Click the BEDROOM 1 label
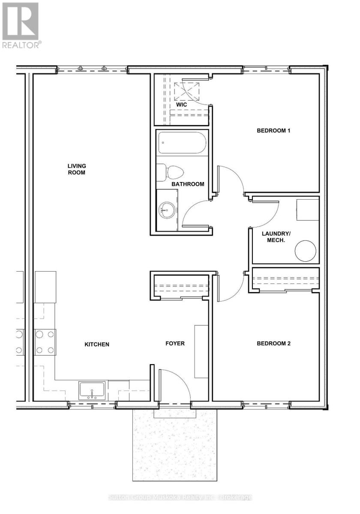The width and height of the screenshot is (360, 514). [273, 131]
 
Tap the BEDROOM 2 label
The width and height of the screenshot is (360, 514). [273, 344]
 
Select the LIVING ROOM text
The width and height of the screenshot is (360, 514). [77, 169]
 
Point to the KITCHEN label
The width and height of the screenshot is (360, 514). [97, 344]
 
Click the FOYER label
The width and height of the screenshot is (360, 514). [175, 344]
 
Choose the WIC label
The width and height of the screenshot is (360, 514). [181, 105]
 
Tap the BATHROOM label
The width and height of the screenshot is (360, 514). [188, 184]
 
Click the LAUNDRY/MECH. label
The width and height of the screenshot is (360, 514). [276, 237]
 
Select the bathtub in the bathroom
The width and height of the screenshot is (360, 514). [182, 143]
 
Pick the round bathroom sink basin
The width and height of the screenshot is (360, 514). [167, 210]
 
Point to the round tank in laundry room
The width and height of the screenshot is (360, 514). [305, 251]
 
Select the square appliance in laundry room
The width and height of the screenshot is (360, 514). [308, 210]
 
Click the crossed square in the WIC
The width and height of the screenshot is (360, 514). [186, 92]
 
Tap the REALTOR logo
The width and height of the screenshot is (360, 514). [22, 25]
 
